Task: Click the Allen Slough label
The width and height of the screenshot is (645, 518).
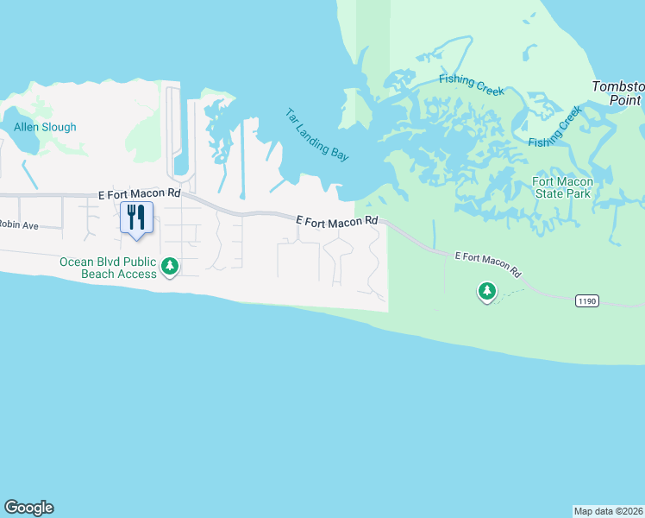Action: (x=45, y=127)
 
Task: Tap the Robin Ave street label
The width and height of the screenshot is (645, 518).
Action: (x=19, y=225)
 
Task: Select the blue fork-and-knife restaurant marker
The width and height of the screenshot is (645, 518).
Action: (x=136, y=217)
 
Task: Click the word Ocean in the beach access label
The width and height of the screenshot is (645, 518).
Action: (x=75, y=262)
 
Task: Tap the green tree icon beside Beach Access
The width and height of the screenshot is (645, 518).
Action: (x=171, y=267)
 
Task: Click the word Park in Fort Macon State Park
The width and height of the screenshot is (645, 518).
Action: (x=577, y=193)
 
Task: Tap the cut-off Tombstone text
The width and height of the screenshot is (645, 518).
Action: (x=618, y=87)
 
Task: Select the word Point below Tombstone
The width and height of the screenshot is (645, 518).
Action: (x=626, y=100)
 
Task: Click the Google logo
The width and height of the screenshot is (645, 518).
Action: (x=28, y=508)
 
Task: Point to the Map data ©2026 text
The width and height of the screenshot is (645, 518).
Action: (x=609, y=510)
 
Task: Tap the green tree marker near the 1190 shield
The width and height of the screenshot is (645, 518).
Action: (x=487, y=292)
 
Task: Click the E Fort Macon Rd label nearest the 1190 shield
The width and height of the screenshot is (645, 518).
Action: (x=489, y=263)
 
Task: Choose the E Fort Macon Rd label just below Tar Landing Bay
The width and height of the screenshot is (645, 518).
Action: (x=337, y=221)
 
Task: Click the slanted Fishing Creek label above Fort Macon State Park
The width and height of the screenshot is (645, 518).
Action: (x=555, y=127)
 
